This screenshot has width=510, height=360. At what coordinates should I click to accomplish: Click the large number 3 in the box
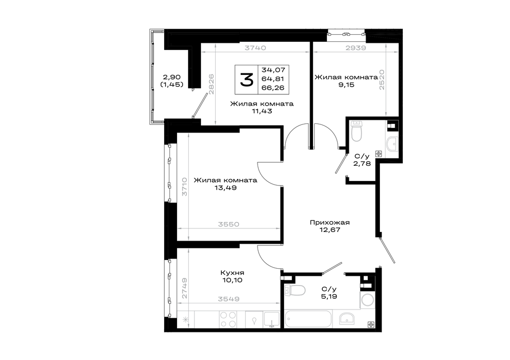point(246,80)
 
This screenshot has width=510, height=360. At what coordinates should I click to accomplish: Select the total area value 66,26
point(273,88)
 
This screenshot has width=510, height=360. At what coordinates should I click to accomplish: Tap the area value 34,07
point(273,70)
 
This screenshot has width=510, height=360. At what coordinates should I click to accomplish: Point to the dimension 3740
point(256,48)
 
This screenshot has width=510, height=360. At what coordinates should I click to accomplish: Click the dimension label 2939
point(355,48)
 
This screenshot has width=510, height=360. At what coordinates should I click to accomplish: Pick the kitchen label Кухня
point(232,273)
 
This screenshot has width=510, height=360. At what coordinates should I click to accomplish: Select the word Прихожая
point(329,223)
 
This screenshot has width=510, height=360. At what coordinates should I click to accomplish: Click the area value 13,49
point(225,188)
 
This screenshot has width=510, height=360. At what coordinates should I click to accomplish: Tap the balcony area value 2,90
point(172,78)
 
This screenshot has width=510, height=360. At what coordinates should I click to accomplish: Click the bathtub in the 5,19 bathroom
point(309,319)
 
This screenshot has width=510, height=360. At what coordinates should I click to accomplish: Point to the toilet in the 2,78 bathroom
point(357,131)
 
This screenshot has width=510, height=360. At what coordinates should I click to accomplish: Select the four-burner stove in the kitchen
point(228,319)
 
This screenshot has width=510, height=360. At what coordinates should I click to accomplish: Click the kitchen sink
point(272,319)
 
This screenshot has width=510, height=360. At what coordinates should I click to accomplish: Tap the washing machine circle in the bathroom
point(368,300)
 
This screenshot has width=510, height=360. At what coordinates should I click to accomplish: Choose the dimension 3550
point(228,224)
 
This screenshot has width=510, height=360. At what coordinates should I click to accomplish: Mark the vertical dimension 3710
point(185,186)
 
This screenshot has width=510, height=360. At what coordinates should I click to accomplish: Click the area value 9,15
point(346,85)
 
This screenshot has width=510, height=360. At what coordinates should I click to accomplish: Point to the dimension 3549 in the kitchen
point(228,299)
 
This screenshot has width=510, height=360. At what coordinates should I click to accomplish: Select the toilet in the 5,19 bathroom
point(294,290)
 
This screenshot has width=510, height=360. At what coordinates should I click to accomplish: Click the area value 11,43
point(262,111)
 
